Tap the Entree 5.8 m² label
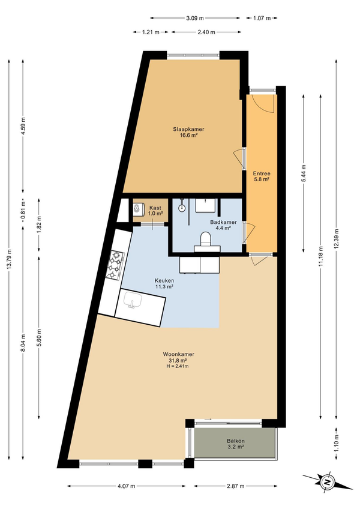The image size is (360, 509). click(x=262, y=176)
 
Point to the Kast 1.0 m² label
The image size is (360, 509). click(x=155, y=211)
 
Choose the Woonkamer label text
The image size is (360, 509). click(x=179, y=354)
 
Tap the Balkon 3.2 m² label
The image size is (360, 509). click(x=236, y=444)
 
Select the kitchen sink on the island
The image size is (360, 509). click(x=133, y=300)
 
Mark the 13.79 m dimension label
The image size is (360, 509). click(x=9, y=259)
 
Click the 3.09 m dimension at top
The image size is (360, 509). click(x=195, y=18)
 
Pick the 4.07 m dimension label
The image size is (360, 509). click(x=126, y=486)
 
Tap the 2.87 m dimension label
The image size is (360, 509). click(x=236, y=486)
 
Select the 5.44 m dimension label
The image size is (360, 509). click(x=304, y=173)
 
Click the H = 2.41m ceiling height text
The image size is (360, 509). click(x=178, y=366)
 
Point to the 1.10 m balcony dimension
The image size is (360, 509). click(x=337, y=443)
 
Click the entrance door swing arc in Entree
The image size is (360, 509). click(x=264, y=104)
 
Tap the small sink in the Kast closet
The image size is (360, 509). click(x=137, y=209)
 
